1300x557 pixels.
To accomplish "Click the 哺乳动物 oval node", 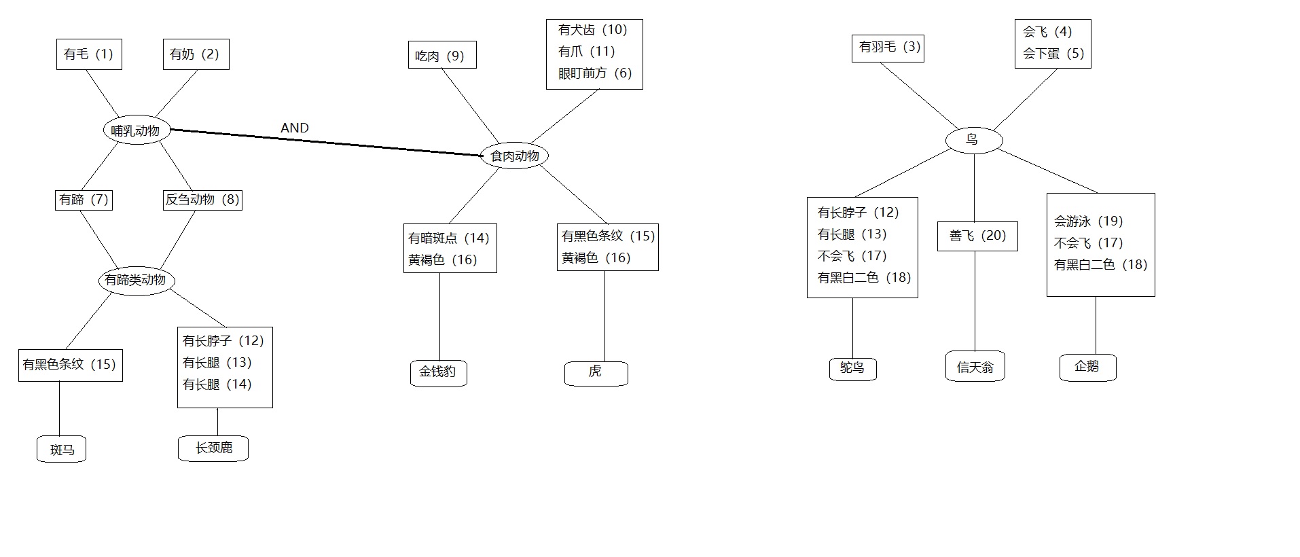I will (136, 130).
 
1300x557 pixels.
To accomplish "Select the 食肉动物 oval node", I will (514, 156).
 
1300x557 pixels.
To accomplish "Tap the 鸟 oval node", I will (973, 140).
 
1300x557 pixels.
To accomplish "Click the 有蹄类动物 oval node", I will (136, 280).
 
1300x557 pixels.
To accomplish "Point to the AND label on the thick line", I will (294, 128).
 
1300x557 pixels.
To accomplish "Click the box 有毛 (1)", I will (89, 54).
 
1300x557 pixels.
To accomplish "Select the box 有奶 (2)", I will (196, 54).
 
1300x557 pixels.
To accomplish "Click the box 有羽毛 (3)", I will (888, 48).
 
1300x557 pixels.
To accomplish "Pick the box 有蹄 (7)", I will (84, 200).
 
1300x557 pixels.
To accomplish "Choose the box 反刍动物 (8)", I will (202, 200).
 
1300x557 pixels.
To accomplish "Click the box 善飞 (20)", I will (977, 236).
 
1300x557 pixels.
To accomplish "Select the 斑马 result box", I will (62, 450).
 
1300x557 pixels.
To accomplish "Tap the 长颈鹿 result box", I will (213, 448).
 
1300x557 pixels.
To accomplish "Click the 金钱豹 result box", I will (439, 372).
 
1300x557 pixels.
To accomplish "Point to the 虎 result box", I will (596, 372).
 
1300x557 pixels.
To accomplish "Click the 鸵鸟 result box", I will (853, 368).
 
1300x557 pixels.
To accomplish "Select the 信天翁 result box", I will (975, 367).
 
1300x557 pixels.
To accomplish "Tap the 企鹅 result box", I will (1087, 367).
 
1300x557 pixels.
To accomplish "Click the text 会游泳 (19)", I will (1088, 221).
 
